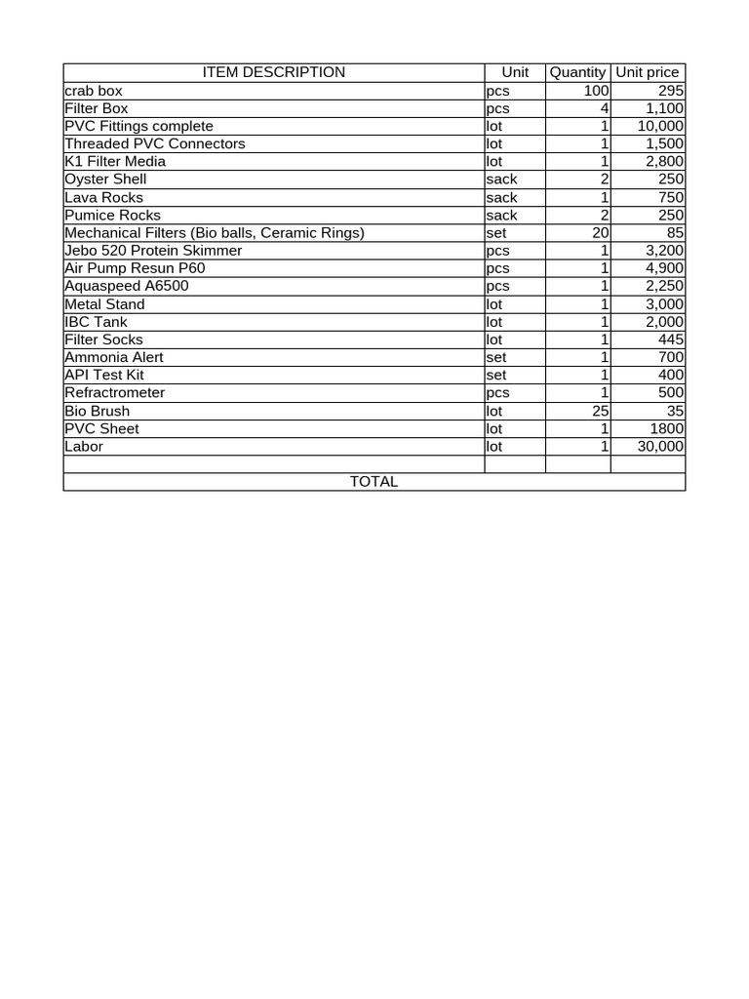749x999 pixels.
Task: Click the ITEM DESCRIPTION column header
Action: [273, 72]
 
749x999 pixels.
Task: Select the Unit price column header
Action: [648, 72]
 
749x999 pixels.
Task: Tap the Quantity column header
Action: [577, 72]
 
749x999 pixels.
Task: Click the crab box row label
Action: [94, 91]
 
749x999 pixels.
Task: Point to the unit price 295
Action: [670, 91]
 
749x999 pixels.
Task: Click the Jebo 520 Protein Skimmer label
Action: [153, 251]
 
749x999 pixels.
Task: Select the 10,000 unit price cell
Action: [660, 126]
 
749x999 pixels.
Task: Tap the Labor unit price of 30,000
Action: [660, 447]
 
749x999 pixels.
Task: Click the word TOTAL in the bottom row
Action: [374, 482]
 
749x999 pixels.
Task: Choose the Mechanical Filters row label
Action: [214, 233]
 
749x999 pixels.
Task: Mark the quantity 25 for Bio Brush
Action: [601, 411]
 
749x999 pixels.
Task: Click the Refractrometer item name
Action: [114, 393]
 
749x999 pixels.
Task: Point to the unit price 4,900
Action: [664, 268]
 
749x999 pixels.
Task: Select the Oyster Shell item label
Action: [105, 180]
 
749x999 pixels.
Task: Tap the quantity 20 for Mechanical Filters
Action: [601, 233]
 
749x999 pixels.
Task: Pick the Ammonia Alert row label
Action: [113, 357]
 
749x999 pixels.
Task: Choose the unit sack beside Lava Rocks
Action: [501, 198]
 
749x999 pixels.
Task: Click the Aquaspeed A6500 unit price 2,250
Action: [664, 286]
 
